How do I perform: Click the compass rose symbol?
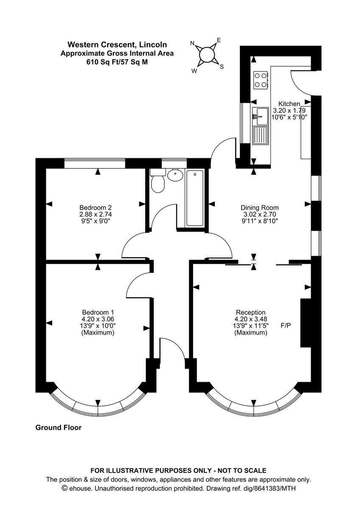(x=207, y=55)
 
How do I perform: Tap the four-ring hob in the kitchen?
(x=261, y=80)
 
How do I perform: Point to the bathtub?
(x=195, y=198)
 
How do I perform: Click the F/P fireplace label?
(x=286, y=326)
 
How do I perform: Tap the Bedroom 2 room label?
(x=96, y=207)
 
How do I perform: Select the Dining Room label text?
(x=260, y=207)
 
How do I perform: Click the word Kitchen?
(x=289, y=104)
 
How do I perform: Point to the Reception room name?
(x=251, y=313)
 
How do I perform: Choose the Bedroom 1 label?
(x=98, y=313)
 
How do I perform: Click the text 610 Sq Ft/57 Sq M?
(x=117, y=62)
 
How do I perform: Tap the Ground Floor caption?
(x=58, y=428)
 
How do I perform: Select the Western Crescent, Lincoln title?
(x=117, y=45)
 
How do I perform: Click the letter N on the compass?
(x=192, y=43)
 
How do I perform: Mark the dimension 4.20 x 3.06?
(x=98, y=319)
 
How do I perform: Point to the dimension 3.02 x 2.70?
(x=260, y=214)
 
